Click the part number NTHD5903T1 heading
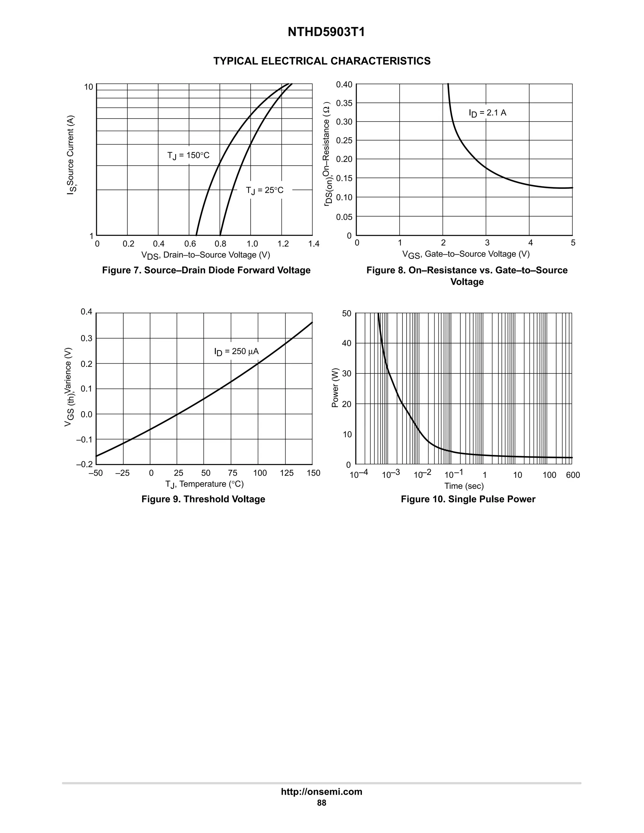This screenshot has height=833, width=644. pyautogui.click(x=326, y=32)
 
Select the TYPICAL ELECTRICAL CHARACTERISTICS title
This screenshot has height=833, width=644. pyautogui.click(x=322, y=61)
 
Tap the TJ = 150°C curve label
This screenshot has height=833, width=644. pyautogui.click(x=188, y=156)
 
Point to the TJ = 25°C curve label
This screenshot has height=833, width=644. pyautogui.click(x=264, y=190)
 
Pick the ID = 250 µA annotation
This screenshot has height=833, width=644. pyautogui.click(x=236, y=351)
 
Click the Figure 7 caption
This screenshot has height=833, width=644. pyautogui.click(x=206, y=270)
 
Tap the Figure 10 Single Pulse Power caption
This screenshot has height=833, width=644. pyautogui.click(x=468, y=499)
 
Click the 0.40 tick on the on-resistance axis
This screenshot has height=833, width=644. pyautogui.click(x=344, y=84)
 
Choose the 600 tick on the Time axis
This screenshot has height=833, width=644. pyautogui.click(x=573, y=475)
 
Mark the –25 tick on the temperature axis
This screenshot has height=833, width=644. pyautogui.click(x=122, y=473)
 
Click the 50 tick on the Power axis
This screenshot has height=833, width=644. pyautogui.click(x=347, y=313)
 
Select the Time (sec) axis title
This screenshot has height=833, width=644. pyautogui.click(x=464, y=486)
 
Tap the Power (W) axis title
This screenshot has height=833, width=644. pyautogui.click(x=335, y=388)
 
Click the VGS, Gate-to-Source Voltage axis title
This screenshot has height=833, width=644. pyautogui.click(x=466, y=254)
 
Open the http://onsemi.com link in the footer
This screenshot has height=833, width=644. pyautogui.click(x=322, y=792)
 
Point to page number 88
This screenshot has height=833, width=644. pyautogui.click(x=322, y=803)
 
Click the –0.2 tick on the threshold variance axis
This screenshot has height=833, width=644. pyautogui.click(x=84, y=465)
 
